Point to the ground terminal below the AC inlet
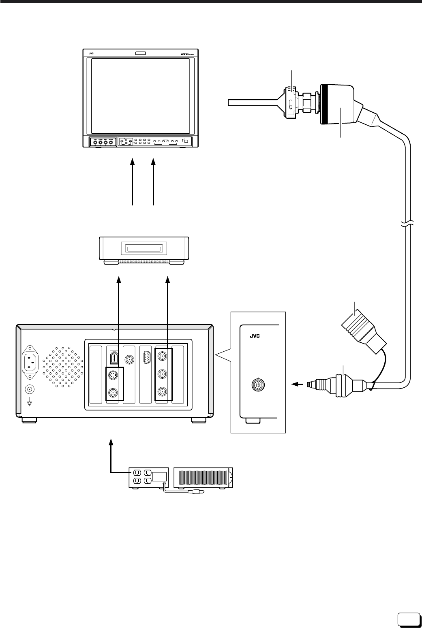tap(29, 390)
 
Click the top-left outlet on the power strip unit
tap(136, 473)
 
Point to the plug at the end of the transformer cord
tap(198, 493)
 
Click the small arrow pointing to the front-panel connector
tap(296, 383)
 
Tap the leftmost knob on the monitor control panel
tap(95, 142)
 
